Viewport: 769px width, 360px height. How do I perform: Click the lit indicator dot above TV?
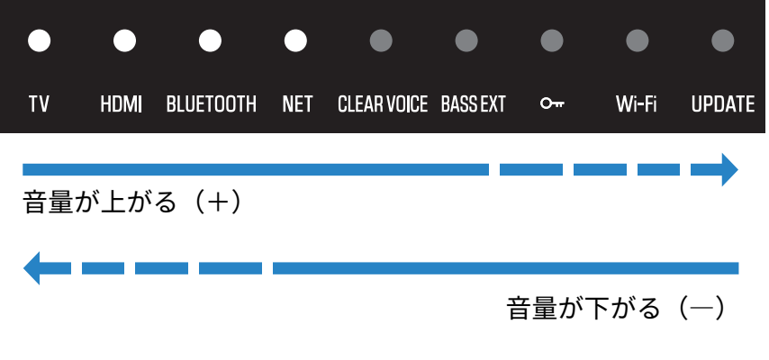click(39, 40)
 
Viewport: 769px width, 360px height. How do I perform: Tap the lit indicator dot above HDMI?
click(124, 40)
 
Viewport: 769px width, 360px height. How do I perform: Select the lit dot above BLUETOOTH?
click(210, 40)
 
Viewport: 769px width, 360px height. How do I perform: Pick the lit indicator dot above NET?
click(295, 40)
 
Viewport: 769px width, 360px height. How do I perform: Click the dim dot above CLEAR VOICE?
click(381, 40)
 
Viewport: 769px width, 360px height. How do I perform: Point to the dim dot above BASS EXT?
click(466, 40)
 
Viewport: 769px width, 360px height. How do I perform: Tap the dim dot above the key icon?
click(552, 40)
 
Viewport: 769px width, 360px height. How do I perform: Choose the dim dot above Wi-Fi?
click(638, 40)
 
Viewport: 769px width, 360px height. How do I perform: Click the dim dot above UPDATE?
click(723, 40)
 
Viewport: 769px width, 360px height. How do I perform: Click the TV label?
click(39, 104)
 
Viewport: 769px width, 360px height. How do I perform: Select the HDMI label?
click(122, 104)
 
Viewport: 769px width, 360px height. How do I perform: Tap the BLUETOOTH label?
click(212, 104)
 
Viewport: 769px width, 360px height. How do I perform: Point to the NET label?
click(297, 104)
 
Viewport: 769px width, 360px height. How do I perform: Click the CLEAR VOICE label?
click(383, 104)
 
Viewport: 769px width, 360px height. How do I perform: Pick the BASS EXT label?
click(474, 104)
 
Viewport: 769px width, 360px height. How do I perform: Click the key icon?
click(552, 104)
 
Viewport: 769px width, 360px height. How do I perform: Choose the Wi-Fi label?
click(637, 104)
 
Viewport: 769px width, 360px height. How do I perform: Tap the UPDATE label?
click(723, 104)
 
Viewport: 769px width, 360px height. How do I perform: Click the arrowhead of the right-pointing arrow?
click(729, 169)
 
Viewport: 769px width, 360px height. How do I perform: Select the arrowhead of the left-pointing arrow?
click(32, 268)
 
